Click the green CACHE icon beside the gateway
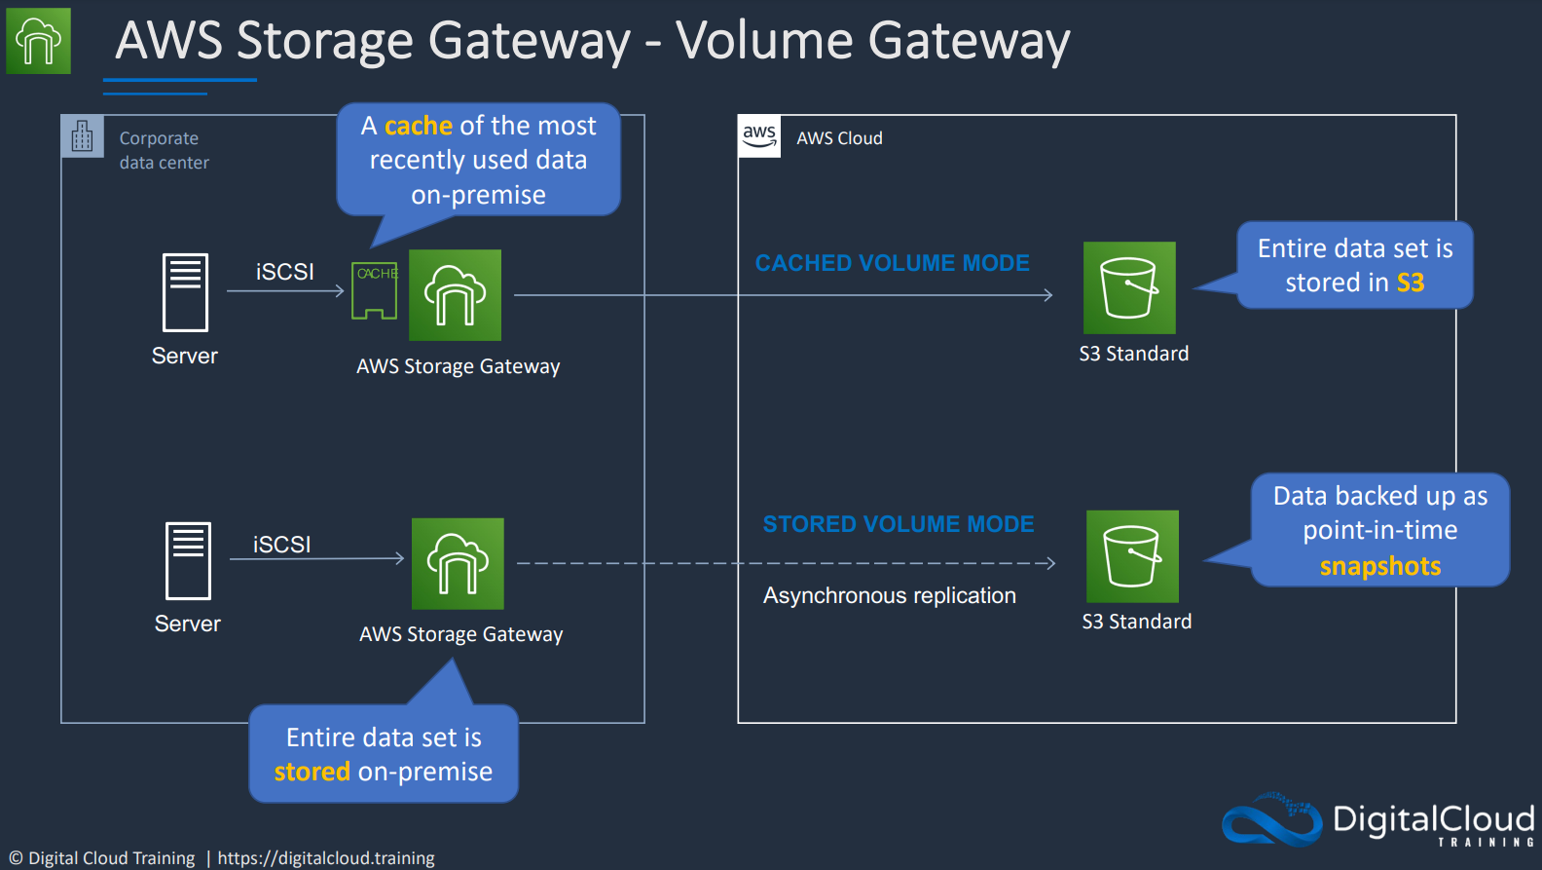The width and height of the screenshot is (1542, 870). click(x=375, y=290)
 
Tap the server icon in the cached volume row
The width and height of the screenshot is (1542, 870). click(x=185, y=292)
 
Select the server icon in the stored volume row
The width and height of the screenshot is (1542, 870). click(x=188, y=561)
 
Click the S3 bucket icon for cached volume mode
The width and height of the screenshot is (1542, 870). click(x=1129, y=288)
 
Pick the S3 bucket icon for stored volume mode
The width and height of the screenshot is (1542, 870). click(x=1132, y=556)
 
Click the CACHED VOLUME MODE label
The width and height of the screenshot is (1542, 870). click(x=892, y=262)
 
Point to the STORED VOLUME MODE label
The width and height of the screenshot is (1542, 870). click(x=899, y=523)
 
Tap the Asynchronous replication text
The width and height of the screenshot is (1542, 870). click(x=890, y=595)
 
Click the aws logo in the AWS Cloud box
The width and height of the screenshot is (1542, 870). click(x=759, y=136)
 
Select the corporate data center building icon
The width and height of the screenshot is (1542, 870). click(x=82, y=135)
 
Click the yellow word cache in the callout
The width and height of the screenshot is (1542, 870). click(x=418, y=126)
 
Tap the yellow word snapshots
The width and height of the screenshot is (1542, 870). click(x=1380, y=566)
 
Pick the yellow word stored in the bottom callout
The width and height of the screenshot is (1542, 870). click(x=312, y=772)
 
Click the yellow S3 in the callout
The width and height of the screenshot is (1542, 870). click(x=1411, y=283)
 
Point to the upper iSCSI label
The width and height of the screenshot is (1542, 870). click(x=284, y=272)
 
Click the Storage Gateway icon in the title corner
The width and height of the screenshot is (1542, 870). click(x=39, y=41)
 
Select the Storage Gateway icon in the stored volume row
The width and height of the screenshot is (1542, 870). click(x=458, y=563)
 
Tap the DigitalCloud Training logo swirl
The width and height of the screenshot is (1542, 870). click(x=1271, y=819)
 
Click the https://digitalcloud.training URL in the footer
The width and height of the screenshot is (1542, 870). click(x=326, y=858)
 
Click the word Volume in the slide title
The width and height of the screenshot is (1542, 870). click(x=764, y=40)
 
